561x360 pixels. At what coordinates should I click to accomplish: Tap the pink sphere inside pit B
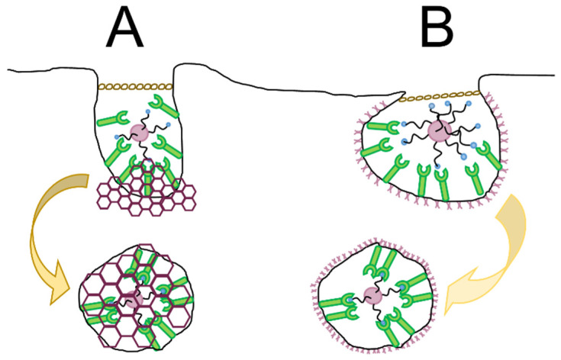[438, 130]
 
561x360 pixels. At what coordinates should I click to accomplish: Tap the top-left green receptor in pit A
[110, 117]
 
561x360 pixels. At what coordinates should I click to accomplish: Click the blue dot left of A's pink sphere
[116, 137]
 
